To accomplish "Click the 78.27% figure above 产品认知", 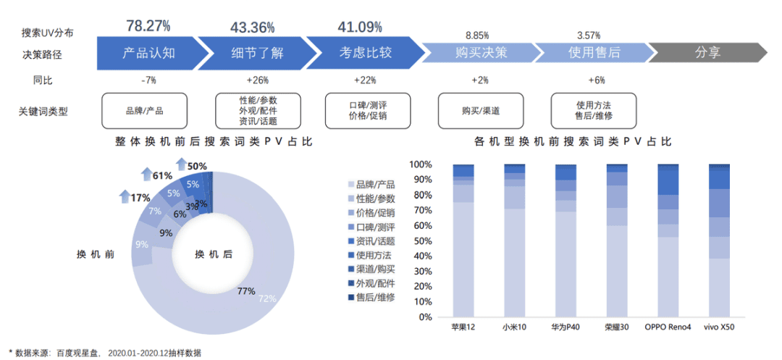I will (148, 26).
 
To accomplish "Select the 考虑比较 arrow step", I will (365, 53).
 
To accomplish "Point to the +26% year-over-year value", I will (258, 80).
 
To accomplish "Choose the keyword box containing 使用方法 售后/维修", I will (593, 111).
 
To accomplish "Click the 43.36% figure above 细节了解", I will (253, 28).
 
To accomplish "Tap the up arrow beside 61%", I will (146, 175).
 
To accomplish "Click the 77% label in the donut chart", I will (246, 291).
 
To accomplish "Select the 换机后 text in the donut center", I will (213, 254).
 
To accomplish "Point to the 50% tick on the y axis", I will (421, 241).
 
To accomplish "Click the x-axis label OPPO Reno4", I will (668, 327).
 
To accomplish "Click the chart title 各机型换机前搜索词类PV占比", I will (593, 141).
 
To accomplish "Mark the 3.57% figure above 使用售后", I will (590, 35).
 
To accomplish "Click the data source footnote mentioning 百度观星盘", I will (105, 352).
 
